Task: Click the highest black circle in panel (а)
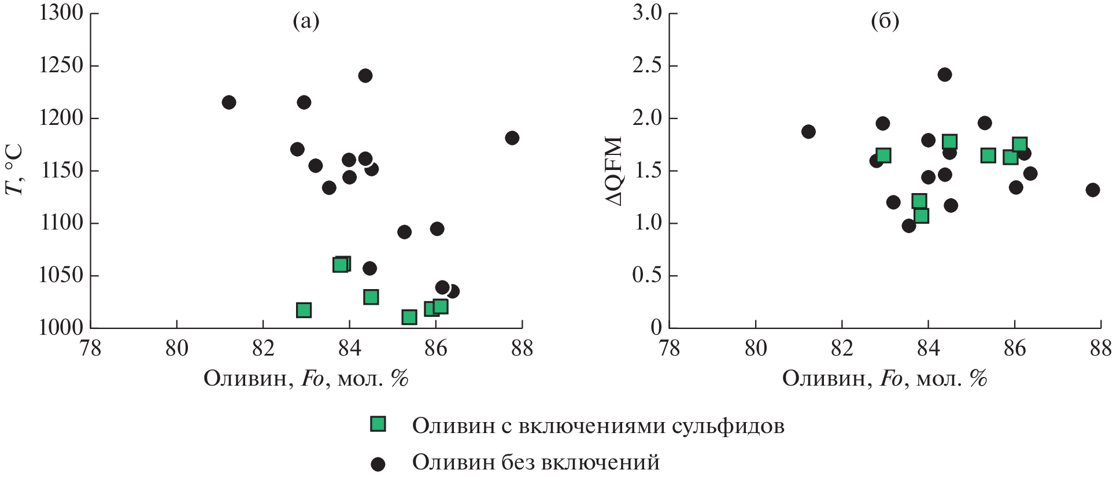[x=365, y=76]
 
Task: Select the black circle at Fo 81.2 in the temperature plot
[x=229, y=102]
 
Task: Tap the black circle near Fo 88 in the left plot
[x=512, y=138]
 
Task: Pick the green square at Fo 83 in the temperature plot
[x=304, y=310]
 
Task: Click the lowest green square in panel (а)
[x=409, y=317]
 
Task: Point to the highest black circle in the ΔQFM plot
[x=944, y=75]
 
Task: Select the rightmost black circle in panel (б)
[x=1092, y=190]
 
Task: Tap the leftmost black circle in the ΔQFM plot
[x=808, y=131]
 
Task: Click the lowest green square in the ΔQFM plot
[x=921, y=216]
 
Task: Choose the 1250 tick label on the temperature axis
[x=62, y=65]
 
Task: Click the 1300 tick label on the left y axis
[x=62, y=13]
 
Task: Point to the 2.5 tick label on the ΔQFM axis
[x=647, y=65]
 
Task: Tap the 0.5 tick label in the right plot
[x=647, y=275]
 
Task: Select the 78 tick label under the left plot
[x=90, y=348]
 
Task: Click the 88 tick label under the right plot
[x=1100, y=348]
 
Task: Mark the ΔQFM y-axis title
[x=614, y=171]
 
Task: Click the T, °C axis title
[x=14, y=171]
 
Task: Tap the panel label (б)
[x=885, y=22]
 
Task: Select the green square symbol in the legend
[x=378, y=424]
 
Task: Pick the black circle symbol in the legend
[x=378, y=463]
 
